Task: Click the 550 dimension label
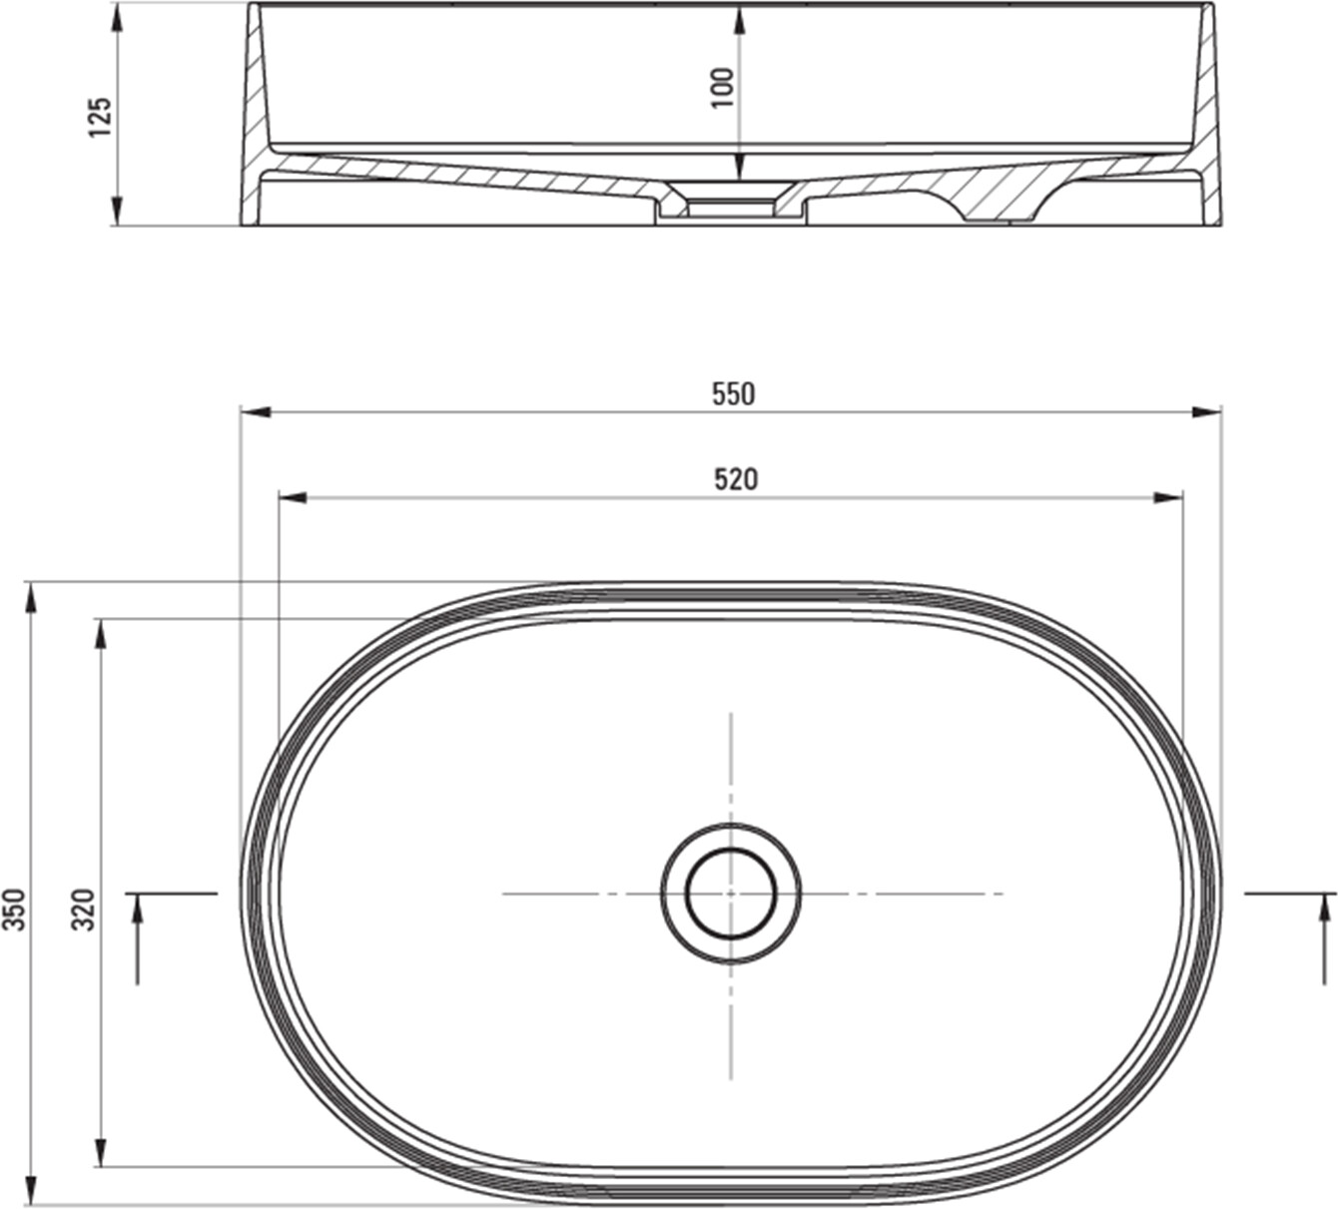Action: (734, 393)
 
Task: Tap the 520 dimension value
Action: (736, 479)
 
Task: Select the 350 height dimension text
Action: (14, 908)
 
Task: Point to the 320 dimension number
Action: (84, 908)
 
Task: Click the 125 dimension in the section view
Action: (101, 118)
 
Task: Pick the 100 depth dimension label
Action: (722, 88)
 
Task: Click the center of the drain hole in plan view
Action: (731, 894)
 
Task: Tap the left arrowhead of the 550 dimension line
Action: (255, 412)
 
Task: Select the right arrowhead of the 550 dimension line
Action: (1206, 412)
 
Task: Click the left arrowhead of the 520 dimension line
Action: (293, 498)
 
